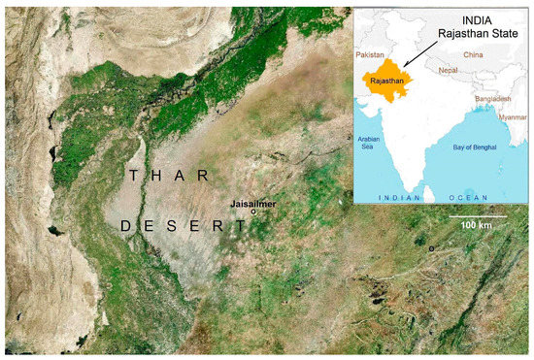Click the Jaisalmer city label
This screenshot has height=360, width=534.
pyautogui.click(x=254, y=204)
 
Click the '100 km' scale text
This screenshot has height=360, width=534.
pyautogui.click(x=477, y=225)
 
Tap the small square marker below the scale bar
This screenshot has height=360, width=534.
pyautogui.click(x=432, y=249)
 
